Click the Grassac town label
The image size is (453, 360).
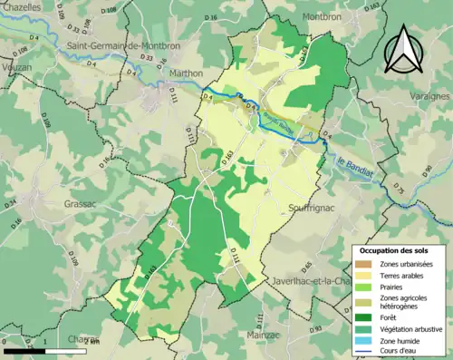tap(85, 204)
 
